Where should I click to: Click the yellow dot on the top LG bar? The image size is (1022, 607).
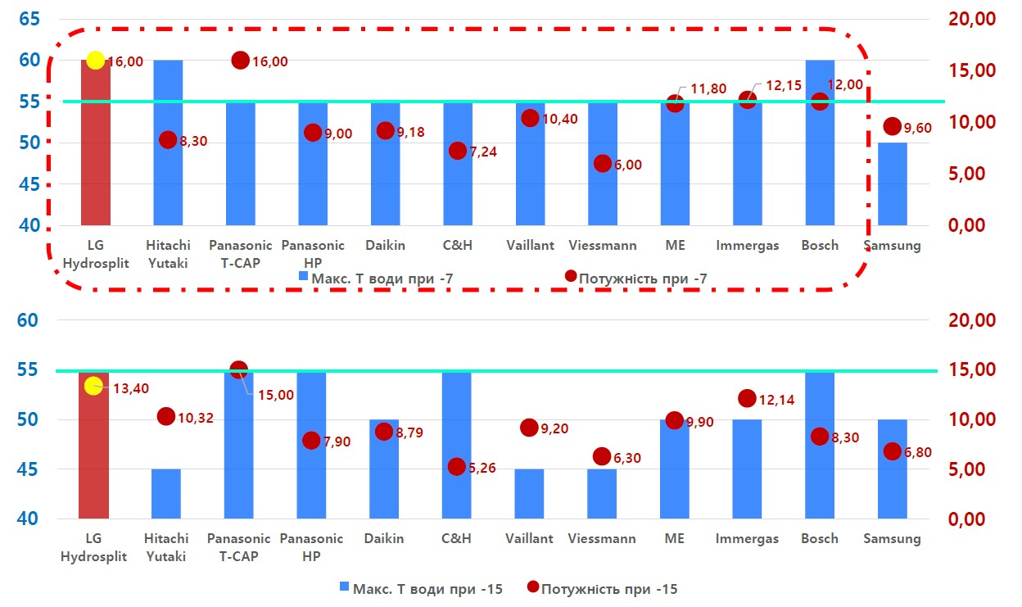pos(95,60)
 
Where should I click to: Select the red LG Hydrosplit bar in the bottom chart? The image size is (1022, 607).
pos(93,459)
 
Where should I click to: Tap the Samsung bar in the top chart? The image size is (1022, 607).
pos(893,184)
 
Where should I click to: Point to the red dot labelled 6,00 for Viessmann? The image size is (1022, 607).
pos(603,163)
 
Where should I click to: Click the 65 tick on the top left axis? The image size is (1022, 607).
pos(29,19)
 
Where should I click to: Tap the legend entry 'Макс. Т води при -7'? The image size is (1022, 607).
pos(376,279)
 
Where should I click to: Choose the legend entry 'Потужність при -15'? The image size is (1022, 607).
pos(602,588)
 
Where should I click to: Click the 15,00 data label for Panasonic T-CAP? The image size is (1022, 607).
pos(276,395)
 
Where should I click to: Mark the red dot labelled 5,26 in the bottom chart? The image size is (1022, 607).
pos(457,467)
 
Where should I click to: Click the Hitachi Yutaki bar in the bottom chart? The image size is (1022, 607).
pos(166,494)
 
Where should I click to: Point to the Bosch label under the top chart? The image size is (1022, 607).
pos(820,245)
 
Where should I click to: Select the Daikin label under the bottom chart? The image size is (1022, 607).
pos(384,538)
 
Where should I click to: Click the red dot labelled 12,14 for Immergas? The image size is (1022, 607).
pos(747,399)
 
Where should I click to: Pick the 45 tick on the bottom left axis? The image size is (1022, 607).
pos(29,469)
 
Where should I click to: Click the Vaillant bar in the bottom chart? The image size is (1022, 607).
pos(529,494)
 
